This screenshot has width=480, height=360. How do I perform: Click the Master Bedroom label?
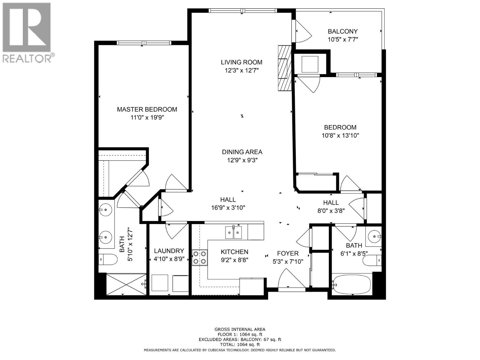click(147, 109)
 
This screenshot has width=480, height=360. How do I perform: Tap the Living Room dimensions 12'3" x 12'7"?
click(241, 70)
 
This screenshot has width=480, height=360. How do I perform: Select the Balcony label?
click(343, 31)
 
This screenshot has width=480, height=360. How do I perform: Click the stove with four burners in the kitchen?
click(199, 257)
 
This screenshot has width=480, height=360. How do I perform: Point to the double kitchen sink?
click(233, 232)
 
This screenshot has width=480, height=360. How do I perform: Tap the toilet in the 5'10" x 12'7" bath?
click(108, 259)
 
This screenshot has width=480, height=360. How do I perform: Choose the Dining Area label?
click(242, 152)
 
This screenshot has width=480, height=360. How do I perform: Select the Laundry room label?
click(169, 251)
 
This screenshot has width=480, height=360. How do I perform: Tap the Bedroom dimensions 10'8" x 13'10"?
click(340, 135)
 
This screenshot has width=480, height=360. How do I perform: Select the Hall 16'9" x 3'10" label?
click(228, 199)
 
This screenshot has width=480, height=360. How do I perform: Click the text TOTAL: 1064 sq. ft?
click(240, 345)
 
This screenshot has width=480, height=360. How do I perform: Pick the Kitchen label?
click(234, 252)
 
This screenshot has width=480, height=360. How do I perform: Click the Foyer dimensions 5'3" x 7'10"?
click(288, 262)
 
